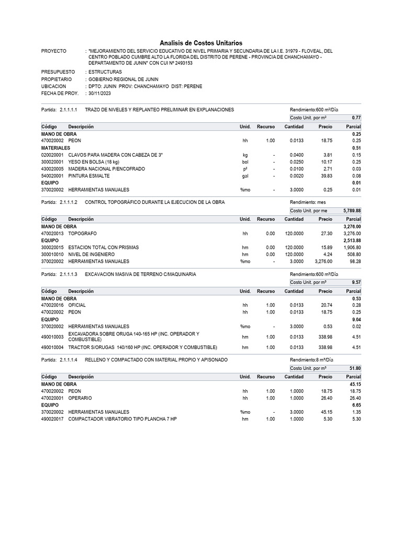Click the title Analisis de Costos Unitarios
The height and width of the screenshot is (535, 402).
(x=201, y=43)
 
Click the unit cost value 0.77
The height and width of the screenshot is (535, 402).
(x=356, y=118)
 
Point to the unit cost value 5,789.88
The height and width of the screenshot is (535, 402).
(x=352, y=211)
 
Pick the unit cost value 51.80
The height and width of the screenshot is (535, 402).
(x=355, y=368)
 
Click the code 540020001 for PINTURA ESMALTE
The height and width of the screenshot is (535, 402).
(x=52, y=176)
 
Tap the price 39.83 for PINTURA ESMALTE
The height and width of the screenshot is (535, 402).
(x=327, y=176)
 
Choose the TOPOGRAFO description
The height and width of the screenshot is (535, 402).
(x=83, y=233)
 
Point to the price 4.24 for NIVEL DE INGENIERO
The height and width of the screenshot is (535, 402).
(x=328, y=254)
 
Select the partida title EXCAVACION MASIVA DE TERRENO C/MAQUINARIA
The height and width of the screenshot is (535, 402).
(x=140, y=274)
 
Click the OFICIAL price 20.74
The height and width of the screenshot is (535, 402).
(x=327, y=305)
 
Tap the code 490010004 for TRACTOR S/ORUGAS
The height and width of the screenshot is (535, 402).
(x=52, y=347)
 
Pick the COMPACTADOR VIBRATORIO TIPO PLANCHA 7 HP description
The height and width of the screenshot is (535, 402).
(x=122, y=419)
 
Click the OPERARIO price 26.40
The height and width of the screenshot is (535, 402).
(x=327, y=398)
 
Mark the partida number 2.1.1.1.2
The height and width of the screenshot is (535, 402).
(x=69, y=202)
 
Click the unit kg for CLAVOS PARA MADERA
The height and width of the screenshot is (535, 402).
(x=245, y=155)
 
